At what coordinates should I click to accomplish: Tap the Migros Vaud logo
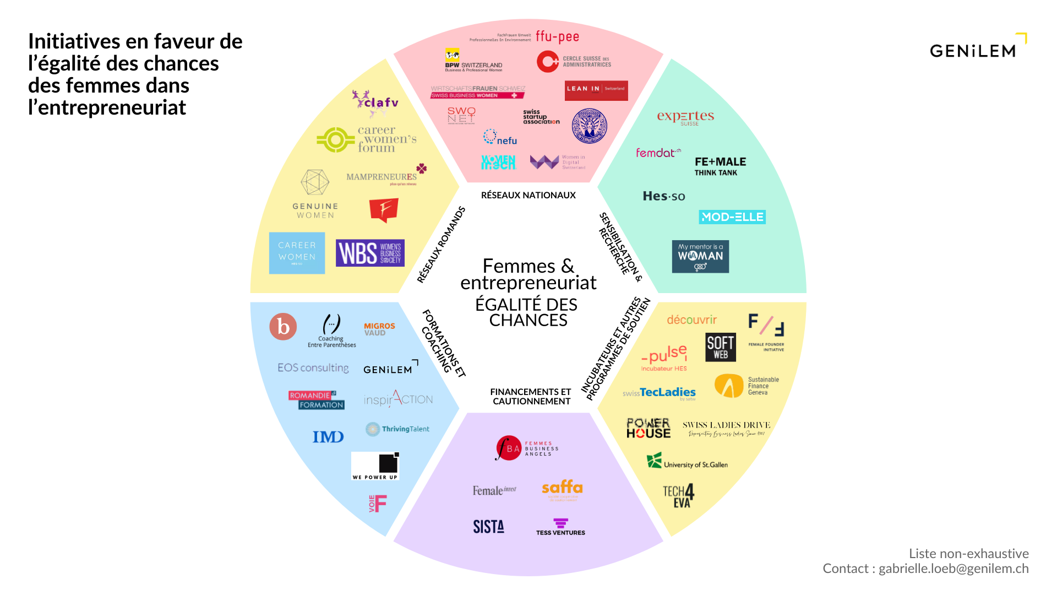[379, 329]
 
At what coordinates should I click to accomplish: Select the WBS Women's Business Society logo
[370, 253]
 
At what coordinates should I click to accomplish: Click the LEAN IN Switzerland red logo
[596, 90]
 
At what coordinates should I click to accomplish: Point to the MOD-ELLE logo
[732, 217]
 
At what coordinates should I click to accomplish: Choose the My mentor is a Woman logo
[700, 257]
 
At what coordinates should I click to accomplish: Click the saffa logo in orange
[562, 488]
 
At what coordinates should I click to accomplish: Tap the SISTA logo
[488, 527]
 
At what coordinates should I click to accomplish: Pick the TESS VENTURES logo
[560, 527]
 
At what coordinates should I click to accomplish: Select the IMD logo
[328, 437]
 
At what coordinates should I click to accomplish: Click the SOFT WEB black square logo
[721, 348]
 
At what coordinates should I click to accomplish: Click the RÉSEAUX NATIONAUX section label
[528, 195]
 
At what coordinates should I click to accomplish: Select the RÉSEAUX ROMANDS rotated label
[441, 245]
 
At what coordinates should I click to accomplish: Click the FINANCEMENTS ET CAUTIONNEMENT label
[531, 397]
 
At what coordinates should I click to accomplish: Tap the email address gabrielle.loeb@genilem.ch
[954, 569]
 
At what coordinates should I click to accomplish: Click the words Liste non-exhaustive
[968, 553]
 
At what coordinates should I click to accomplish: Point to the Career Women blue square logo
[297, 253]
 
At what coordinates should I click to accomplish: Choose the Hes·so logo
[664, 196]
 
